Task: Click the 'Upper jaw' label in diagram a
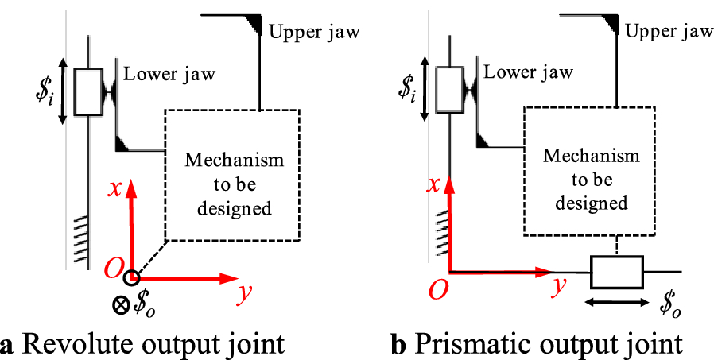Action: (x=315, y=33)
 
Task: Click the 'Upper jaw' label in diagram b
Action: (x=669, y=32)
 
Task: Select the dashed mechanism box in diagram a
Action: (x=231, y=174)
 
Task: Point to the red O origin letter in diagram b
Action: (x=436, y=291)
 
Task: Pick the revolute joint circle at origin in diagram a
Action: (x=132, y=277)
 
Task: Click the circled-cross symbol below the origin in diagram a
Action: (x=122, y=303)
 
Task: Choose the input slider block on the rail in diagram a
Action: (x=87, y=91)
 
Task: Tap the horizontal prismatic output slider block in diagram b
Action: (x=616, y=272)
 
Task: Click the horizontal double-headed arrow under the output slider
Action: (x=616, y=302)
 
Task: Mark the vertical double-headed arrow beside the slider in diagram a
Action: (x=63, y=91)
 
